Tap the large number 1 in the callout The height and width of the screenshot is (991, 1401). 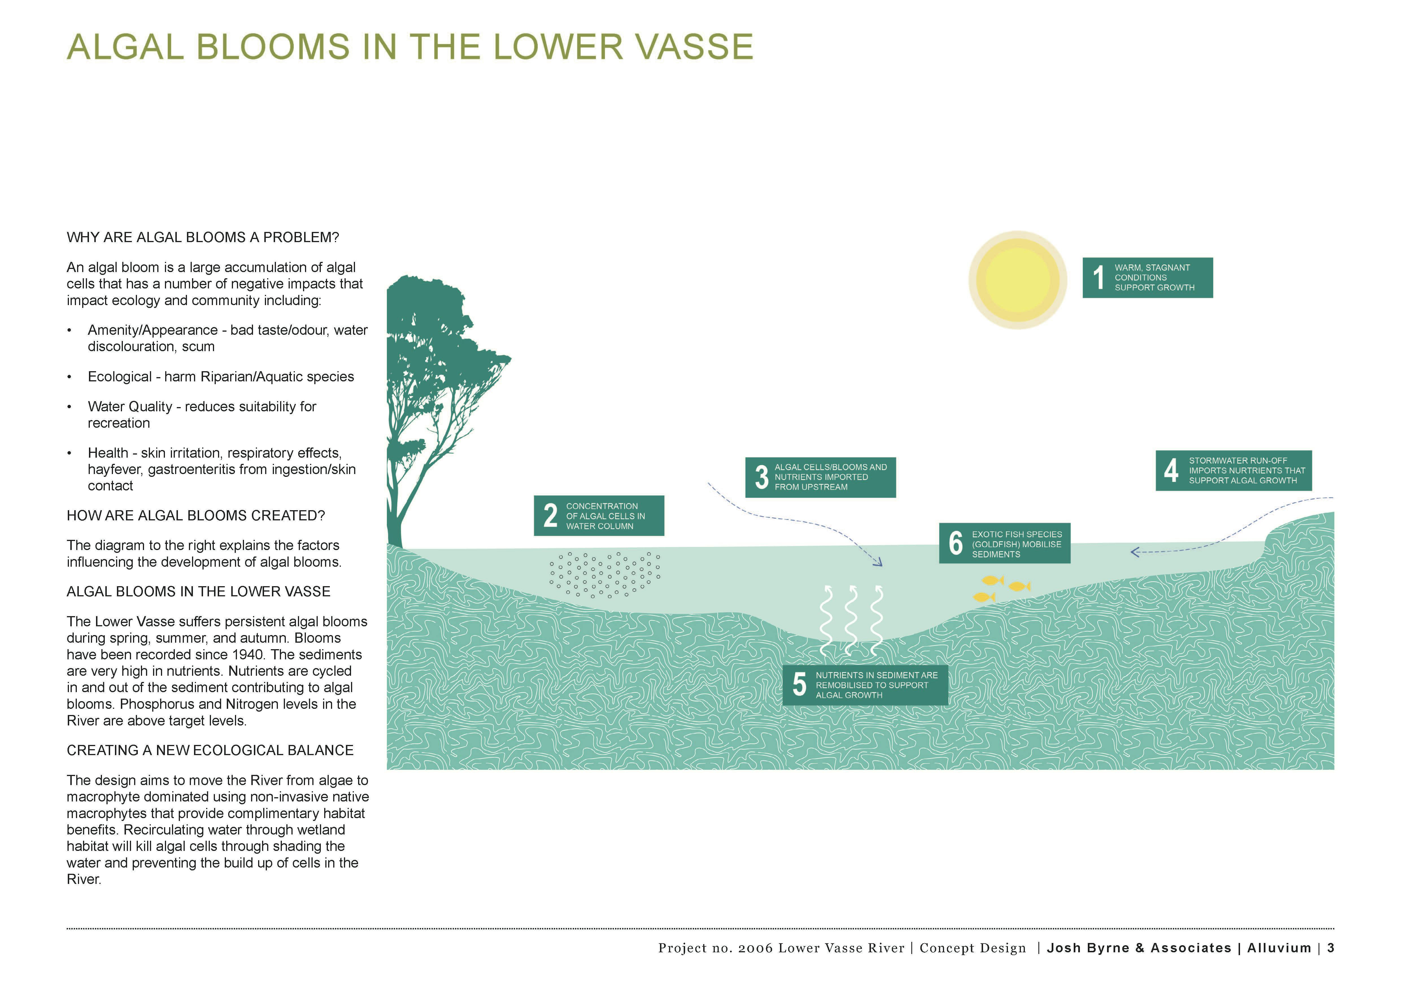[x=1098, y=278]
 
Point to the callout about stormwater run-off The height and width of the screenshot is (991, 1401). [x=1233, y=470]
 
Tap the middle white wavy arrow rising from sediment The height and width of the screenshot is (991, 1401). [x=851, y=619]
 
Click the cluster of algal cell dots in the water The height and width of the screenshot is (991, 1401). [x=604, y=573]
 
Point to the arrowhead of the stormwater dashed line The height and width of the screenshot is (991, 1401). [x=1135, y=552]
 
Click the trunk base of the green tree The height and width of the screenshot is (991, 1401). [x=395, y=537]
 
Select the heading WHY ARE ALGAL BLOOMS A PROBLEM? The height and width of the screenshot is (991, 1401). [x=202, y=237]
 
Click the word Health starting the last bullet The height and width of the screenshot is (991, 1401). [x=107, y=453]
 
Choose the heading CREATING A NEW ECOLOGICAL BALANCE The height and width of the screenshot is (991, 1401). [x=210, y=751]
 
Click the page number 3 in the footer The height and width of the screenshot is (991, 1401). [x=1331, y=948]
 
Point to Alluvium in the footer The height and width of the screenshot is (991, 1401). [x=1279, y=948]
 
